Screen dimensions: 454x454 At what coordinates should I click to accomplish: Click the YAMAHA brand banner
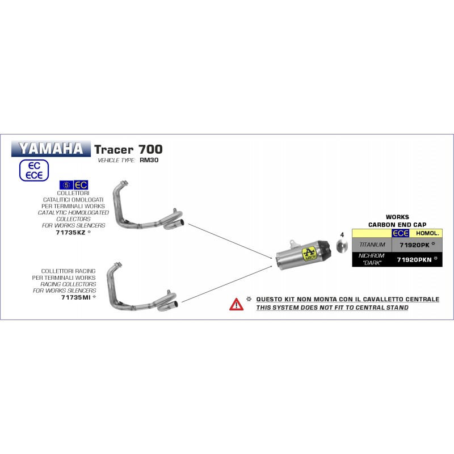point(51,149)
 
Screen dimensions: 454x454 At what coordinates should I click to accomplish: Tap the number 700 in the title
point(150,149)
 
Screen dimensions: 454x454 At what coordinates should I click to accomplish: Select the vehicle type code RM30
point(149,160)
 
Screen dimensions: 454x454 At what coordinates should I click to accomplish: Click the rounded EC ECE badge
point(34,170)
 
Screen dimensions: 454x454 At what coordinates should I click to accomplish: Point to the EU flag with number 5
point(66,185)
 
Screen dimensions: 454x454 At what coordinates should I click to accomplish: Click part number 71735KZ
point(70,232)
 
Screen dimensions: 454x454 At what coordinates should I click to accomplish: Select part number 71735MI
point(76,297)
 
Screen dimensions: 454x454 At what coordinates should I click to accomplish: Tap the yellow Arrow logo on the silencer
point(309,254)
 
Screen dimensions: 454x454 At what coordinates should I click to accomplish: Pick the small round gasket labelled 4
point(342,246)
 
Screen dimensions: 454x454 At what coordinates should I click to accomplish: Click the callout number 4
point(342,234)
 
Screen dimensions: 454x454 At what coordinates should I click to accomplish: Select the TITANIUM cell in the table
point(372,245)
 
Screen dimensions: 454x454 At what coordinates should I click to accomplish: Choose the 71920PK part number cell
point(417,245)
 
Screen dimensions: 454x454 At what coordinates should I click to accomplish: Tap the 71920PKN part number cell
point(417,259)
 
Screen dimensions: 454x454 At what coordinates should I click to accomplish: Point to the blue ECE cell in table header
point(401,233)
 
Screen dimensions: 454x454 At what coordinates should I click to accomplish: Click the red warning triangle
point(236,304)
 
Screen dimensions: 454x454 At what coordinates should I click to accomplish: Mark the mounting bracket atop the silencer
point(294,244)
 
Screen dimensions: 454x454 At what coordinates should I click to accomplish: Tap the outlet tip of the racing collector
point(175,305)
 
